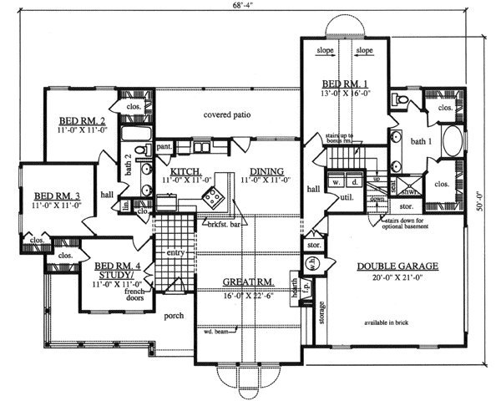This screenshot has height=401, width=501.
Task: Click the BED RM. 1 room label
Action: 345,85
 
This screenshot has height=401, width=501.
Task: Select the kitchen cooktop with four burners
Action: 212,198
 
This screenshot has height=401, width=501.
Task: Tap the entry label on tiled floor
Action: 175,251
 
